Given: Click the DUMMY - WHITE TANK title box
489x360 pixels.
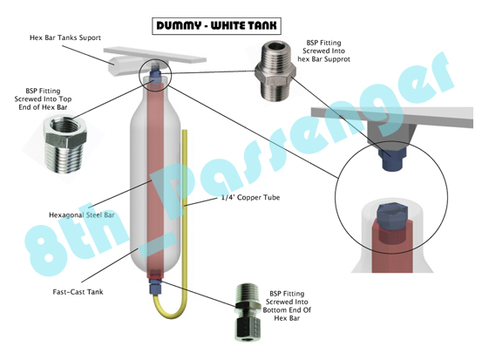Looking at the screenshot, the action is point(216,26).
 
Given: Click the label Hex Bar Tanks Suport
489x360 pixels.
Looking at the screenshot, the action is point(65,37).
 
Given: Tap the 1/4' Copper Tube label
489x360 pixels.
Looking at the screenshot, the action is point(250,198).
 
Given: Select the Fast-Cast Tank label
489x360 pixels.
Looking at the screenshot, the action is point(78,292).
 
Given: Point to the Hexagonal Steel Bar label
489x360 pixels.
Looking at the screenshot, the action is point(82,215).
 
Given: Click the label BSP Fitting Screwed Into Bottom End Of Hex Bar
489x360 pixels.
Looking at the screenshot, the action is point(287,306).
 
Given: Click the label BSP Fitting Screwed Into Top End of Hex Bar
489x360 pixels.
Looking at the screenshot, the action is point(43,98).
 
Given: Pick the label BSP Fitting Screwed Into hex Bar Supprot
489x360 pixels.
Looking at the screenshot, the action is point(323,51).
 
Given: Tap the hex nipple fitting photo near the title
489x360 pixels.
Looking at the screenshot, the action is point(275,72).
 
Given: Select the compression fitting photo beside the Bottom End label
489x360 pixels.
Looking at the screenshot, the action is point(248,312).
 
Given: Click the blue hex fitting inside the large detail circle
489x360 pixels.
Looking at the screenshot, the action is point(391,216).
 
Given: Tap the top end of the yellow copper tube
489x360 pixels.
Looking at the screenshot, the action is point(185,131).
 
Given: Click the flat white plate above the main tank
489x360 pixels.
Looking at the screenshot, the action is point(155,55).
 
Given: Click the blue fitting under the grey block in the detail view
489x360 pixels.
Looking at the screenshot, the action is point(391,159).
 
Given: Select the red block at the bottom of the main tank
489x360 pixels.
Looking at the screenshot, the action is point(154,275).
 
